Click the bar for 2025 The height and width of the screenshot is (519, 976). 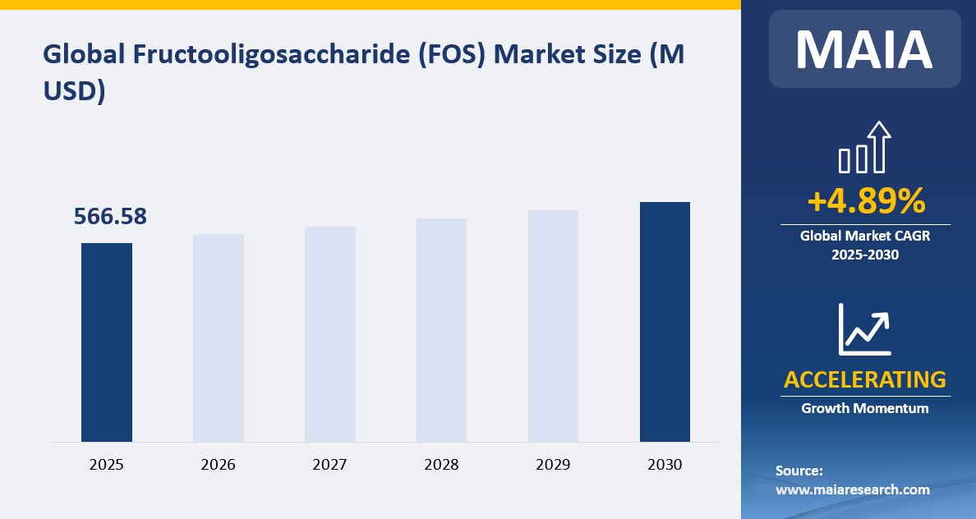[107, 342]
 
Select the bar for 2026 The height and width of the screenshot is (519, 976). [219, 338]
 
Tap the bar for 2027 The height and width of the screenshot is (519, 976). [330, 334]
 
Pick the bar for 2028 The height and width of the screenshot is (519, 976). [442, 330]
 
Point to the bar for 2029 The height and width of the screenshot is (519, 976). [553, 326]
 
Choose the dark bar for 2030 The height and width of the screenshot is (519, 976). [665, 322]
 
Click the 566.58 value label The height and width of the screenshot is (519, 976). [110, 217]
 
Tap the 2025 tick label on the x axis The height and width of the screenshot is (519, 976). [107, 465]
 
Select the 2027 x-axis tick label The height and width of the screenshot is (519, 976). [330, 465]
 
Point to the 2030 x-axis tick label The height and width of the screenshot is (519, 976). [665, 465]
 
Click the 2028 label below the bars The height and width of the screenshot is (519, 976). [442, 465]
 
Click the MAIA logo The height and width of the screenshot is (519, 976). [864, 49]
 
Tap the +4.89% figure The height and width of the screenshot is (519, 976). [865, 201]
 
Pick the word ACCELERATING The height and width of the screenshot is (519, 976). [865, 379]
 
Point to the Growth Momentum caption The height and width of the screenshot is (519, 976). [865, 408]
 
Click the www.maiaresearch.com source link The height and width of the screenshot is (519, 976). [853, 489]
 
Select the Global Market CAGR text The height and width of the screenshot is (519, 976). [865, 236]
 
